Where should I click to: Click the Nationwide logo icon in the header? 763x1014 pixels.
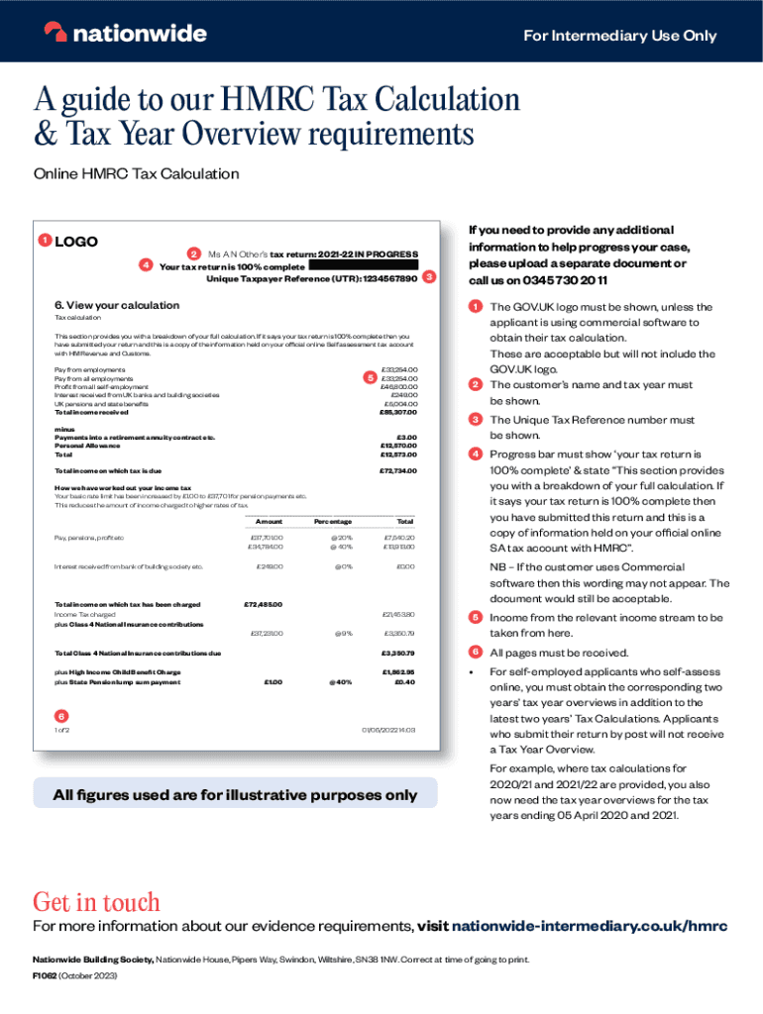(55, 33)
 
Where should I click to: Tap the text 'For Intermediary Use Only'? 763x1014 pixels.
(619, 36)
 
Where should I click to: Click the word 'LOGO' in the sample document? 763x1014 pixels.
(76, 241)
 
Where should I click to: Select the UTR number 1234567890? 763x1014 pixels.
(382, 278)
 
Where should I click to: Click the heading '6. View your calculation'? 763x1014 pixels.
(117, 305)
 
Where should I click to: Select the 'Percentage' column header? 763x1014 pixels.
(334, 521)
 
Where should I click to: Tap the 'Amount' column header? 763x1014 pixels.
(269, 521)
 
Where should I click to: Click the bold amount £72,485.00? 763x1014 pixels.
(264, 604)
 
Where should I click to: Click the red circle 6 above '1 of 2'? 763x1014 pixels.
(60, 714)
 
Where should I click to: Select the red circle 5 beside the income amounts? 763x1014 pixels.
(369, 377)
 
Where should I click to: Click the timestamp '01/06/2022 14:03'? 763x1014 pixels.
(390, 730)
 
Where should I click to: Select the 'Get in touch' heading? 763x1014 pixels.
(96, 902)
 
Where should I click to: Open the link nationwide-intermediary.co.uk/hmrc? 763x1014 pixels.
(590, 927)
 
